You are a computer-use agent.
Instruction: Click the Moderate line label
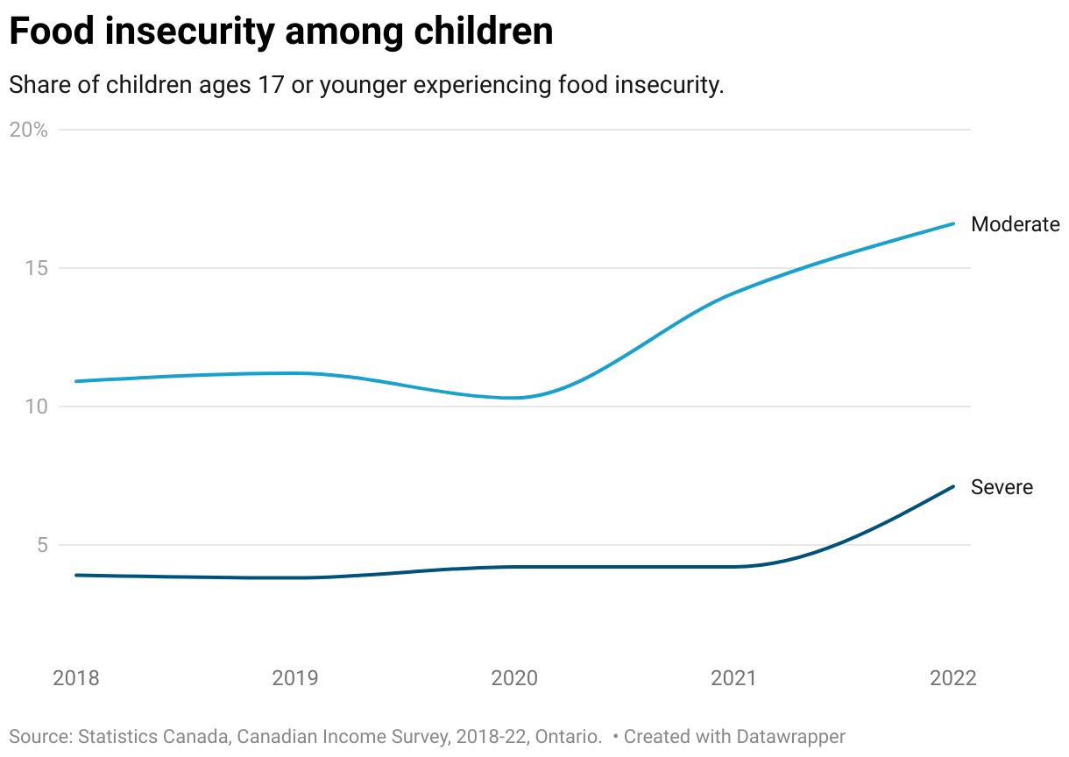pos(1015,224)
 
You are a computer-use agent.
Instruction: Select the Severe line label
pos(1002,487)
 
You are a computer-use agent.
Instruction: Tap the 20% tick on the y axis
pos(28,130)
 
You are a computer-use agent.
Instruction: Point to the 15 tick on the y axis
pos(35,268)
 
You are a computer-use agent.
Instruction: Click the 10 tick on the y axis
pos(35,407)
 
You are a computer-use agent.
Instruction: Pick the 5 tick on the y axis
pos(40,545)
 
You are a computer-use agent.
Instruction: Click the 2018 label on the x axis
pos(76,678)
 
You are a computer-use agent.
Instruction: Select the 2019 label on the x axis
pos(295,678)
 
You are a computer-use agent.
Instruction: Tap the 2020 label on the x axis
pos(515,678)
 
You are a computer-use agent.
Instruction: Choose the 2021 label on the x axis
pos(734,678)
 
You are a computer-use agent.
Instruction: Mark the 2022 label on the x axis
pos(952,678)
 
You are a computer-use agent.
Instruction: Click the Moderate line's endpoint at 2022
pos(953,223)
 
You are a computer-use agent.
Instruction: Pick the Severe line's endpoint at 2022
pos(953,486)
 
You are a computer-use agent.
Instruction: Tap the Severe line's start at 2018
pos(76,575)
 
